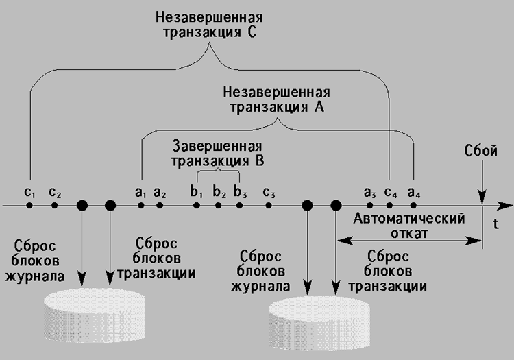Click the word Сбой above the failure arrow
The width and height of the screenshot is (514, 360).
click(482, 152)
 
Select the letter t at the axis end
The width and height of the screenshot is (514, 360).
click(495, 223)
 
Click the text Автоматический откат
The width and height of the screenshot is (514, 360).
click(409, 226)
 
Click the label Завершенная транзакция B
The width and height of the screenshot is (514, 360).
click(217, 154)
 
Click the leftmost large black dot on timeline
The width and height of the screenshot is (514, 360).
click(82, 205)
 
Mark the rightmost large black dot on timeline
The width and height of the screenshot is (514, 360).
click(336, 205)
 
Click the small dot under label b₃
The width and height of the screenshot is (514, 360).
click(238, 205)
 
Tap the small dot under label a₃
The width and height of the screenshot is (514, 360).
click(371, 205)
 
